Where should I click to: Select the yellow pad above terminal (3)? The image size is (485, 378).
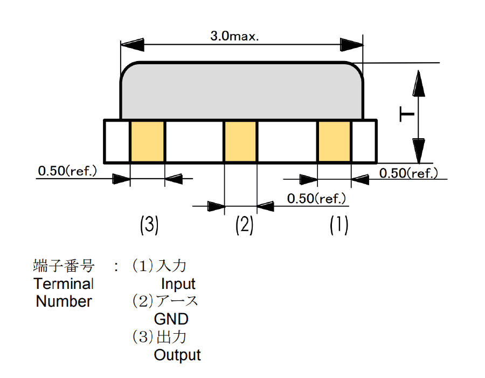[147, 141]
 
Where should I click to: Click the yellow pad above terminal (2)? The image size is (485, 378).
[240, 141]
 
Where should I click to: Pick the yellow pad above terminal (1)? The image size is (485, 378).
[335, 141]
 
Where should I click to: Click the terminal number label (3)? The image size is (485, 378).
[149, 225]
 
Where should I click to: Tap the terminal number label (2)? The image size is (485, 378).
[244, 225]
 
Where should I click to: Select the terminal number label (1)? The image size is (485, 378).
[339, 225]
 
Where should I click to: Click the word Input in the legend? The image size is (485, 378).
[178, 283]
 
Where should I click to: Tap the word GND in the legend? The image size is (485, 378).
[171, 319]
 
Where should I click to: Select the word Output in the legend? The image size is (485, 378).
[177, 355]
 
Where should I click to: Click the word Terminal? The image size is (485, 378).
[64, 283]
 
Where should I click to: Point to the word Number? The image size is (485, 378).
[64, 301]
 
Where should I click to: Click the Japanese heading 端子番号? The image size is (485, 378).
[64, 266]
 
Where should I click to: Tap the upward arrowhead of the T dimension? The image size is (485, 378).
[419, 84]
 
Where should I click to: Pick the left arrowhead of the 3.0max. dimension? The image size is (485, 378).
[133, 43]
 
